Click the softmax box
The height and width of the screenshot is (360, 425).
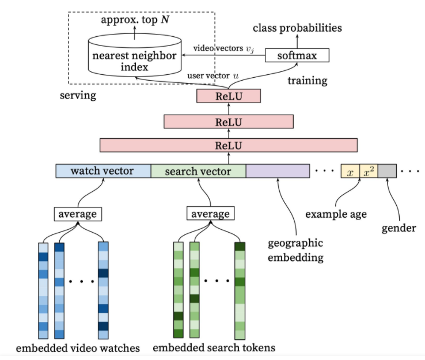[x=297, y=55]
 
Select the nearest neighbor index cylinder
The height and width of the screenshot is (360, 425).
[x=135, y=55]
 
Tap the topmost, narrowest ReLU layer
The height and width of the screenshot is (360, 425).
[x=229, y=96]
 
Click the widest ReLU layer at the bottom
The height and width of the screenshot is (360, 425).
[x=229, y=145]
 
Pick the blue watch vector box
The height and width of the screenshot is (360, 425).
[x=103, y=170]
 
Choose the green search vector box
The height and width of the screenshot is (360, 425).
[x=199, y=170]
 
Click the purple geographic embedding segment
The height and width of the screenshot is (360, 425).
[x=278, y=170]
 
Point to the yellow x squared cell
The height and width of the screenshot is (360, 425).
[x=369, y=170]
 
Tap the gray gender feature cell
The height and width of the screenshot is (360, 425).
[x=388, y=170]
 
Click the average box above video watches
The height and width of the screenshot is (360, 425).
[x=78, y=214]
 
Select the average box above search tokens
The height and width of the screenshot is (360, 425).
[x=211, y=214]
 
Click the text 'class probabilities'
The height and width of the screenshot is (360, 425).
[x=297, y=28]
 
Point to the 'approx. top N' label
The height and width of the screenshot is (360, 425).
[x=135, y=20]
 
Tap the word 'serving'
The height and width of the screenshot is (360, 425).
[x=78, y=96]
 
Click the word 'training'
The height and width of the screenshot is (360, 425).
[x=308, y=81]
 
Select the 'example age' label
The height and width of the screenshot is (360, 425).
[x=336, y=214]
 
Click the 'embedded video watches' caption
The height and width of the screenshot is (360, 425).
[x=78, y=348]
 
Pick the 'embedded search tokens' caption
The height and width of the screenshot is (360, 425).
[x=214, y=347]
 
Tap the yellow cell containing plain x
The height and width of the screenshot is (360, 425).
[x=351, y=170]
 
